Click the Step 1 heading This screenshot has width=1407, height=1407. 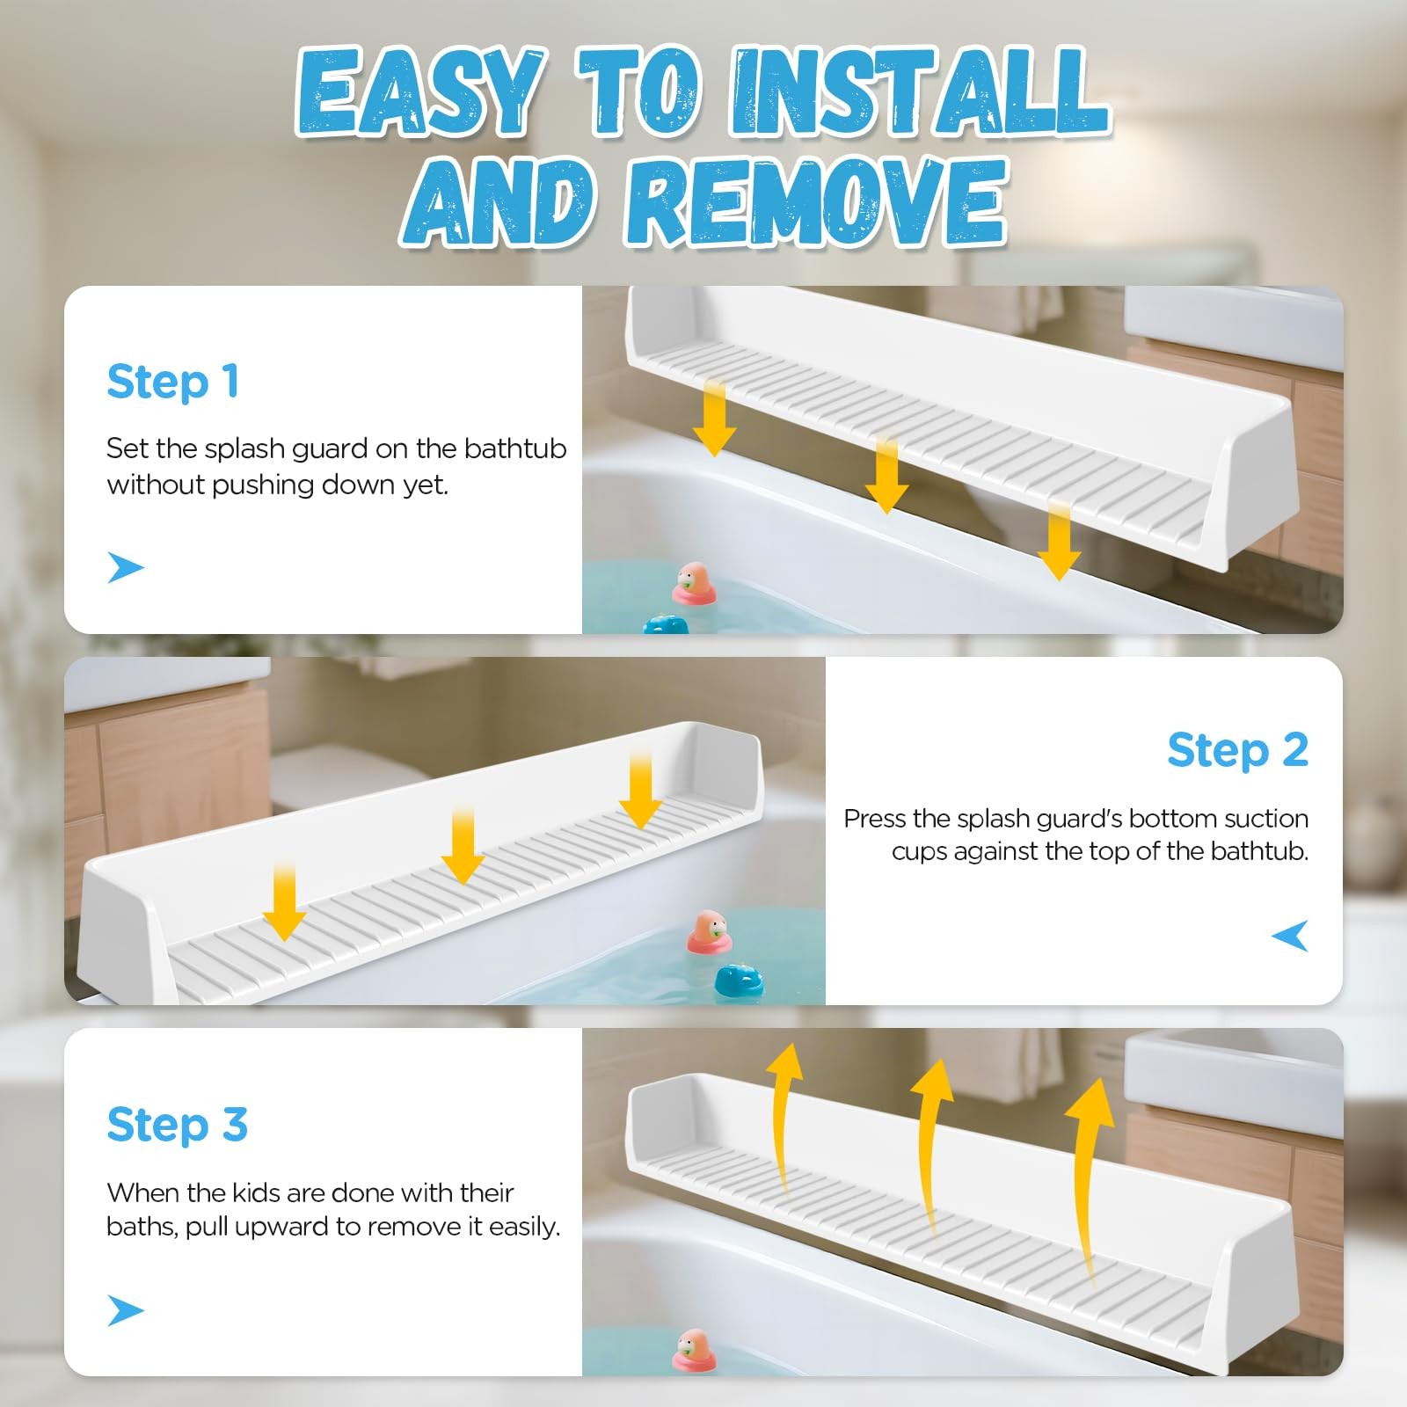tap(172, 383)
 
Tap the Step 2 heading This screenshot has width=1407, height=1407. tap(1238, 751)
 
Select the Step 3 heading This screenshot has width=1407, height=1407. tap(178, 1125)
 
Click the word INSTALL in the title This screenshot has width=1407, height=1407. tap(918, 93)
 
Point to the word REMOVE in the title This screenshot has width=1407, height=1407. tap(815, 202)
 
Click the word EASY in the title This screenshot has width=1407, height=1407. tap(418, 93)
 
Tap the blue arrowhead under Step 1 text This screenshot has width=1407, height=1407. tap(125, 567)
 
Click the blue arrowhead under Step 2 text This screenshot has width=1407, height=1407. tap(1290, 936)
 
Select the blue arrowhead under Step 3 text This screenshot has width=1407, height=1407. tap(125, 1310)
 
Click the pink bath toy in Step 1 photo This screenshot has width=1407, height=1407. tap(695, 585)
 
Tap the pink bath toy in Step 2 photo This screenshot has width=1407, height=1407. tap(709, 932)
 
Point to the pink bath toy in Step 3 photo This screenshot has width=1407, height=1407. tap(694, 1352)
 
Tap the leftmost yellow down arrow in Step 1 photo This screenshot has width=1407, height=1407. tap(714, 417)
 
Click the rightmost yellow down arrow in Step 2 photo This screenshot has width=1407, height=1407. tap(640, 790)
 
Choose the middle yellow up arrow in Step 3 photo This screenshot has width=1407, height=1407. tap(929, 1170)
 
